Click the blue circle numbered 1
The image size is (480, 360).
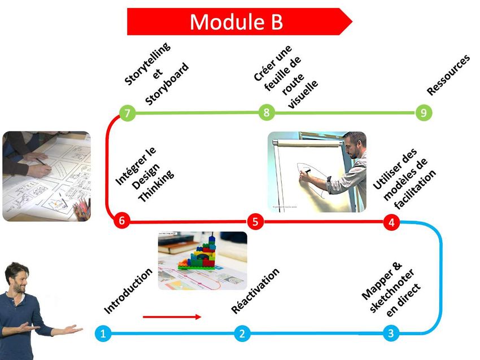click(103, 333)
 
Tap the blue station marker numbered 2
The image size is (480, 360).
click(242, 333)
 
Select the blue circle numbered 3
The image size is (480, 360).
click(391, 333)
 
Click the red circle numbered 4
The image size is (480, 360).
click(391, 222)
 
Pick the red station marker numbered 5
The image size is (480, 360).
click(255, 221)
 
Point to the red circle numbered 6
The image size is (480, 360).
click(121, 220)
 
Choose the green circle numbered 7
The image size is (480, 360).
click(127, 113)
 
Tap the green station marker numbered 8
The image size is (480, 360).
click(267, 112)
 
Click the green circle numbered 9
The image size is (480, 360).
click(424, 112)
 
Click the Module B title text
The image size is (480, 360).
click(236, 21)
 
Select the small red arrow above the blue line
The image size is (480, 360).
click(172, 317)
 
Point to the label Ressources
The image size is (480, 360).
click(448, 75)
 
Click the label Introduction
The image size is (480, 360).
click(128, 291)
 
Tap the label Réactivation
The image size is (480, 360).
click(255, 291)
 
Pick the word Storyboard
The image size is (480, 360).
click(167, 84)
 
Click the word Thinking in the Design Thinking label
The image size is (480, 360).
click(156, 186)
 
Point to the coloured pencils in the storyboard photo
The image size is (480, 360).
click(82, 209)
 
